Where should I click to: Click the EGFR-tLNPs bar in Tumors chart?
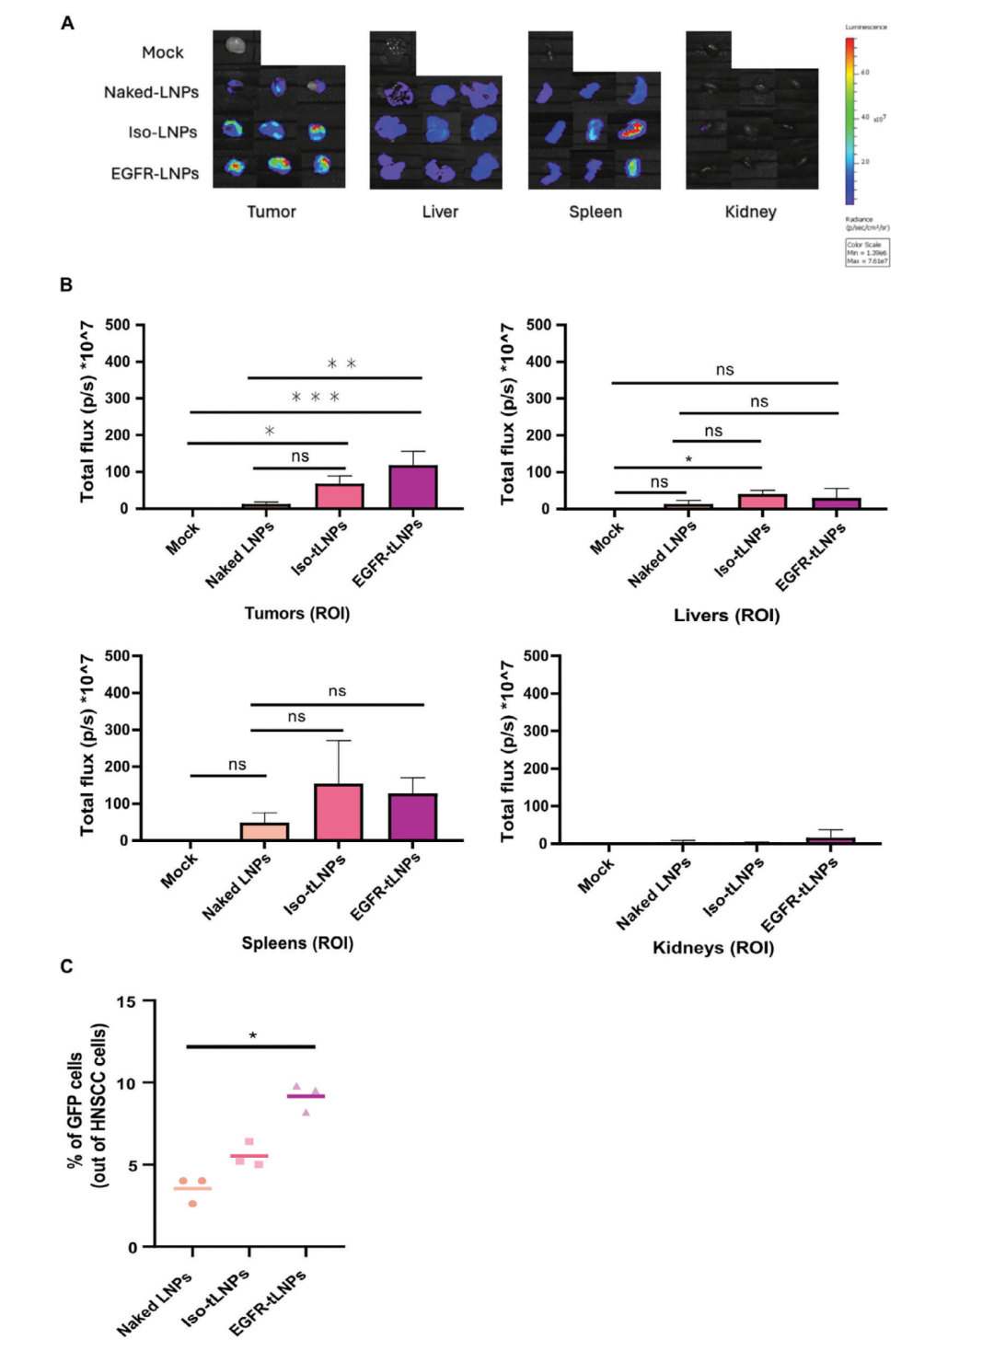413,487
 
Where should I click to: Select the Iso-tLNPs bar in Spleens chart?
339,813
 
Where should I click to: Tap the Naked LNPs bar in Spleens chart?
264,831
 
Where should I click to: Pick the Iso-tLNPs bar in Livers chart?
762,502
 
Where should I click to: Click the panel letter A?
67,23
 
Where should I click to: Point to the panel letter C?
66,966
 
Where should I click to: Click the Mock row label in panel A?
163,52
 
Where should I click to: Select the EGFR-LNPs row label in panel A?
155,173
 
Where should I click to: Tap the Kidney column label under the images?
750,212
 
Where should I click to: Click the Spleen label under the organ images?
595,212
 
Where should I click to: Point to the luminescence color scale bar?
850,120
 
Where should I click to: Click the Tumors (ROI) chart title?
296,613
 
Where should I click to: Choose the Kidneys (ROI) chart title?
713,948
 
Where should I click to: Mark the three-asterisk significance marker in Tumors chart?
316,398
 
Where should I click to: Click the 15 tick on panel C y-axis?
126,1001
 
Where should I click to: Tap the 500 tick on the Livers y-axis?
539,325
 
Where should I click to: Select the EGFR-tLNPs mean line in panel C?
306,1096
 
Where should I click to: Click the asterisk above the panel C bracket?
252,1036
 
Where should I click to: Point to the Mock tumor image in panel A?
237,45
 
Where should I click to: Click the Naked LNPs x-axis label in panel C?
155,1303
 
